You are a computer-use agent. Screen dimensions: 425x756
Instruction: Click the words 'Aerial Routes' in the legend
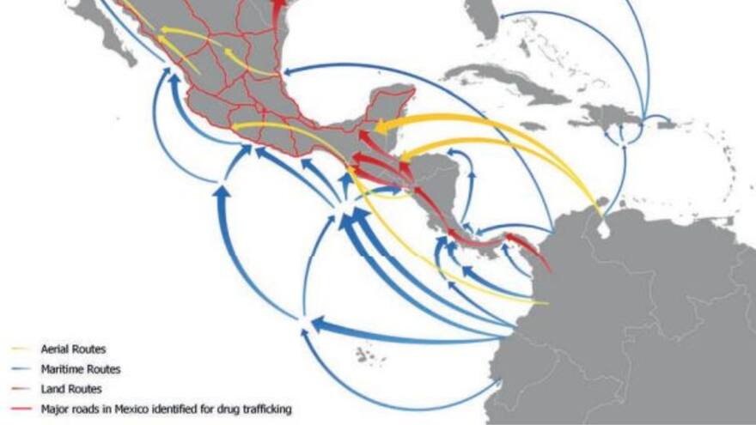tap(73, 349)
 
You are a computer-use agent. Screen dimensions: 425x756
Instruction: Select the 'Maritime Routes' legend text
tap(80, 369)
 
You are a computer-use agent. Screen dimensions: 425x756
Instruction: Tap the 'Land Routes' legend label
tap(70, 389)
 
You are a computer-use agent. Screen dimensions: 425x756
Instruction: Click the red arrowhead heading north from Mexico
tap(278, 7)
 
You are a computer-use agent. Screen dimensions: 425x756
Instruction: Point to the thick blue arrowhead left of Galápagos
tap(316, 324)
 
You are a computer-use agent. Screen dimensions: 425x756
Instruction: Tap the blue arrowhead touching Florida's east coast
tap(501, 15)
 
